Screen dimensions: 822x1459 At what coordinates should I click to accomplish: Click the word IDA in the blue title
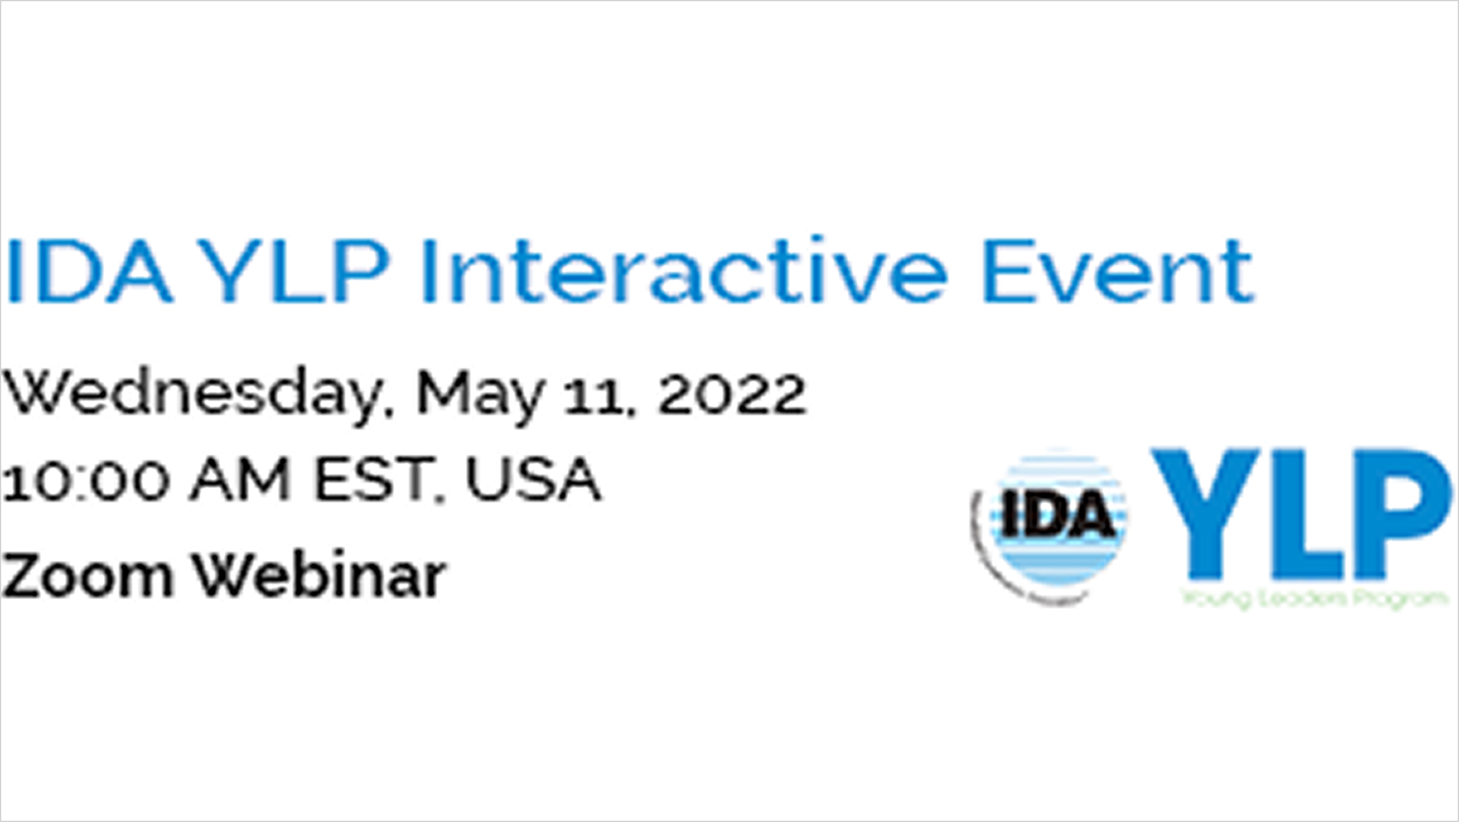click(x=89, y=272)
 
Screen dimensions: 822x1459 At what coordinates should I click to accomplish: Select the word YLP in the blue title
click(x=294, y=272)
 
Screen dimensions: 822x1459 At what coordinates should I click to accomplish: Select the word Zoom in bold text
click(x=88, y=576)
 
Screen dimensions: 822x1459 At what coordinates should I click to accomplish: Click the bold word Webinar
click(x=319, y=576)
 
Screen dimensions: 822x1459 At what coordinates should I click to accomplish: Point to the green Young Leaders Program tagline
click(x=1314, y=599)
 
